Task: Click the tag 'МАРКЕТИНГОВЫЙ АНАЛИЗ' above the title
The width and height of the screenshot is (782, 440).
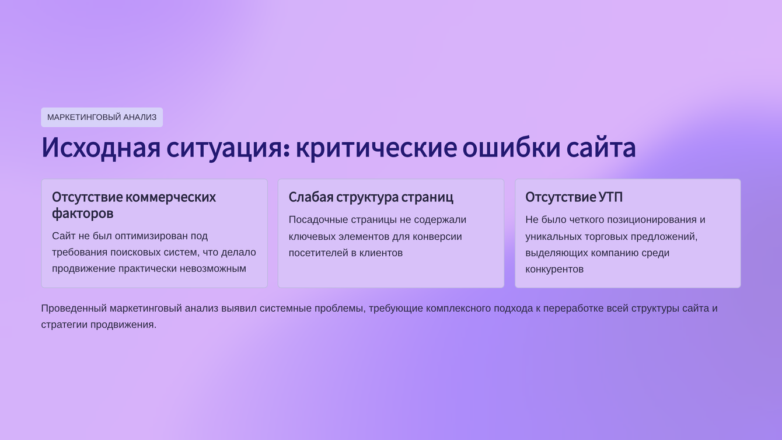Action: [102, 117]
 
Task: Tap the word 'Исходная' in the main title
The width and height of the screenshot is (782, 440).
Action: [100, 148]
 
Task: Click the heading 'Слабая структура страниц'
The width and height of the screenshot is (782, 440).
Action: [371, 197]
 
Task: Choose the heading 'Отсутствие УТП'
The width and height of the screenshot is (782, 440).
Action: [574, 197]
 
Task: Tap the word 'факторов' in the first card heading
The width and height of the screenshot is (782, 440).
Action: [82, 214]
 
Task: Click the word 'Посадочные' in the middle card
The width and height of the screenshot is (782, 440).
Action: [318, 220]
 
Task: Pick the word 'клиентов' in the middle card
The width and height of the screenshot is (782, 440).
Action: [380, 253]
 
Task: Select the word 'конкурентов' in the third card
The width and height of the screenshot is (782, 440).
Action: [554, 269]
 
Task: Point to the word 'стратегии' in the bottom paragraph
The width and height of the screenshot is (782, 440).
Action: [64, 324]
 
